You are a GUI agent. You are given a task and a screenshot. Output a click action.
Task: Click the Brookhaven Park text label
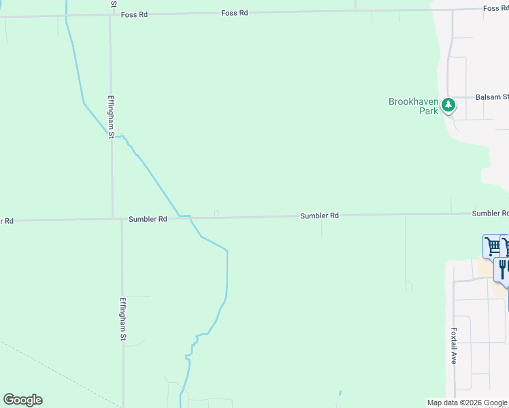[x=413, y=106]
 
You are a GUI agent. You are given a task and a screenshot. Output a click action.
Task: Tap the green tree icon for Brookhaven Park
[x=448, y=105]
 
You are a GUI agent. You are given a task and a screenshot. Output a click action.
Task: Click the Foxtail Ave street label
[x=453, y=346]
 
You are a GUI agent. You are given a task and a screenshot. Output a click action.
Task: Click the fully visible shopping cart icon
[x=492, y=245]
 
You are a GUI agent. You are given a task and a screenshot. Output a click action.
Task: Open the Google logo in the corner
[x=22, y=400]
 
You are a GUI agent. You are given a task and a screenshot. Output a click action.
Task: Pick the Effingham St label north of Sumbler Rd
[x=111, y=116]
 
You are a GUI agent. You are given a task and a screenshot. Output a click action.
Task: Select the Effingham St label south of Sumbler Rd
[x=123, y=319]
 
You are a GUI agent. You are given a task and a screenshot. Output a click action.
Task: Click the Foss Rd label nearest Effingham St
[x=134, y=15]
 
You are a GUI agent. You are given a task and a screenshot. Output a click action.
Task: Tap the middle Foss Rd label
[x=234, y=13]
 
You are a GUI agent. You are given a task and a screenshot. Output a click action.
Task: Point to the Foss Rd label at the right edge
[x=495, y=8]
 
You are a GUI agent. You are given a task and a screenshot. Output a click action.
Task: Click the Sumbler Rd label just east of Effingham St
[x=148, y=219]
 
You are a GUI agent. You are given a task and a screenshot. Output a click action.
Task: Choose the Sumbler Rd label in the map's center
[x=319, y=216]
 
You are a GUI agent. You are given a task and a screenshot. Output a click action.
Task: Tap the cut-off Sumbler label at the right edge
[x=490, y=214]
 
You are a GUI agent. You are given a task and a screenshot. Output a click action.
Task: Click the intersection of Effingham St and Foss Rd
[x=110, y=15]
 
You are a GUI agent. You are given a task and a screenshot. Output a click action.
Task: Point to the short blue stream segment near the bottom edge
[x=340, y=393]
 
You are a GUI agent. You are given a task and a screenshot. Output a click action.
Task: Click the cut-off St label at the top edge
[x=114, y=3]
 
